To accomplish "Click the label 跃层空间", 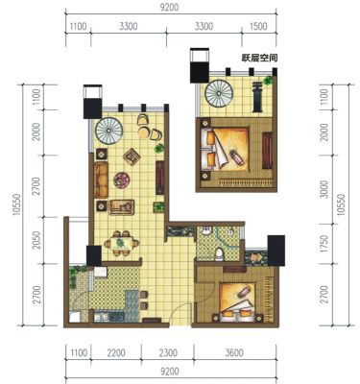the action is tap(259, 59).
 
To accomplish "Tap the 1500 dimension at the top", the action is tap(258, 26).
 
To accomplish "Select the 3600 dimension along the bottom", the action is tap(234, 353).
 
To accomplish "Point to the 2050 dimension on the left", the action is tap(37, 240).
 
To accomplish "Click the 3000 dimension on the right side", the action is tap(324, 189).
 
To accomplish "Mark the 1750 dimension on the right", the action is tap(324, 243).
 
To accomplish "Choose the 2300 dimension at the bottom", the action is tap(168, 353).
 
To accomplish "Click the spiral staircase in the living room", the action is tap(109, 131).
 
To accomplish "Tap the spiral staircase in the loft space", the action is tap(219, 94).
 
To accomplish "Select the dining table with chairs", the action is tap(122, 243).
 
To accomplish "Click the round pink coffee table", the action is tap(122, 180).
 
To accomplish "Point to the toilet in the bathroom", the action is tap(219, 253).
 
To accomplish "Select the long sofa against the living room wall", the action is tap(101, 180).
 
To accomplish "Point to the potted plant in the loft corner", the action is tap(268, 81).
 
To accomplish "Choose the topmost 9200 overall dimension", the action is tap(170, 7).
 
